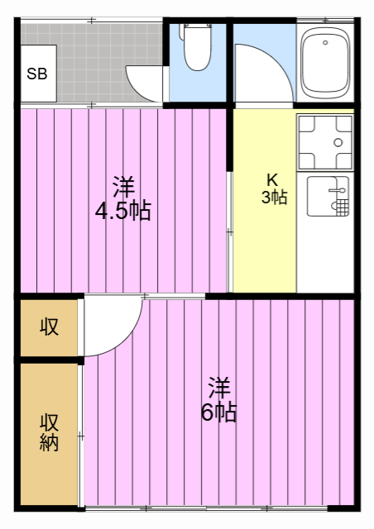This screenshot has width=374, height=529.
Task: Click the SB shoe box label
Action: click(x=36, y=74)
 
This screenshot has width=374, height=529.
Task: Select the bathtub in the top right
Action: click(x=326, y=64)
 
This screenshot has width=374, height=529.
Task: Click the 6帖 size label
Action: click(x=218, y=412)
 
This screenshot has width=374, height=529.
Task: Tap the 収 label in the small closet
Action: click(x=50, y=326)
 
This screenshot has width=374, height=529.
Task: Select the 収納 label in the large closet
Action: click(x=50, y=431)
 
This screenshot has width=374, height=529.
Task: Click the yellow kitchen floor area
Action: click(x=263, y=248)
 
